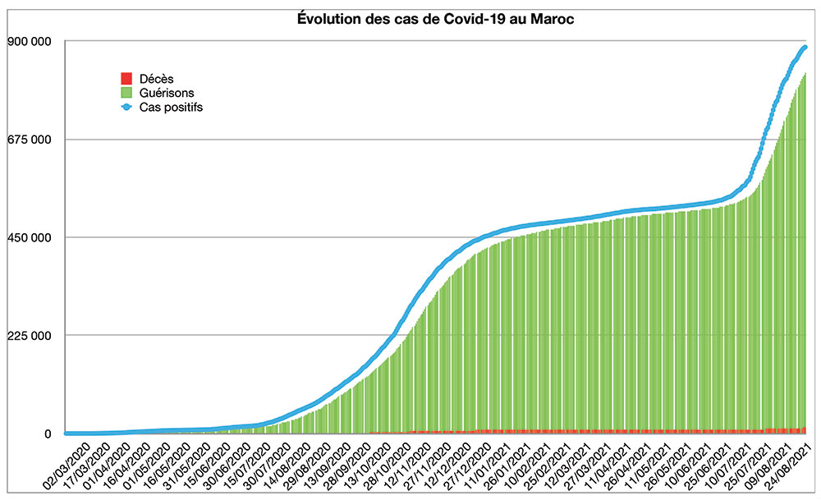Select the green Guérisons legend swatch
tap(126, 93)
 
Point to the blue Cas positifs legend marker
tap(126, 107)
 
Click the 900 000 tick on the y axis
tap(30, 42)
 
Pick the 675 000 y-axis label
tap(30, 140)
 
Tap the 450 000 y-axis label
tap(30, 237)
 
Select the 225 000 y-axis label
tap(30, 335)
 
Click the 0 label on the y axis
tap(48, 433)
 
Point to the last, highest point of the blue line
tap(805, 48)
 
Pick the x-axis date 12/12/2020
tap(440, 465)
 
